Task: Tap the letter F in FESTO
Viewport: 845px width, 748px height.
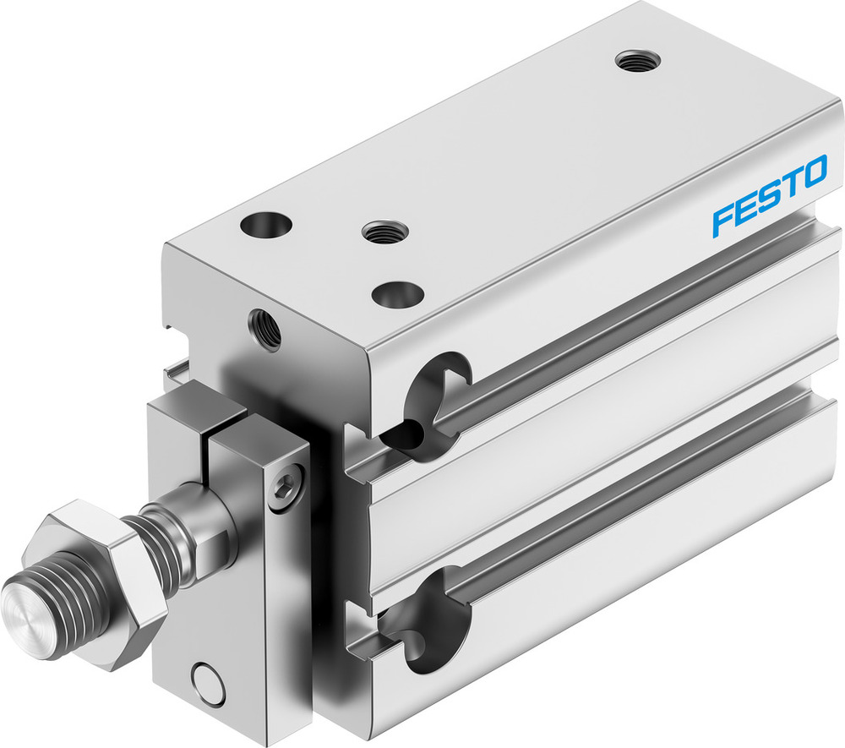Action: (723, 217)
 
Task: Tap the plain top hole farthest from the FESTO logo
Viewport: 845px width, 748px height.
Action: (264, 226)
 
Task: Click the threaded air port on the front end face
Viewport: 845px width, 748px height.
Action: (264, 329)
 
